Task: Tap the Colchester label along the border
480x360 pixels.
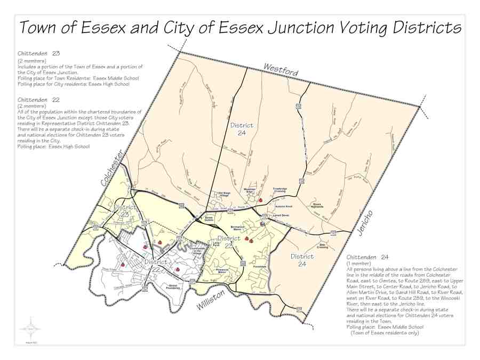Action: pyautogui.click(x=113, y=167)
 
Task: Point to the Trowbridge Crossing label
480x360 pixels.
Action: pyautogui.click(x=281, y=190)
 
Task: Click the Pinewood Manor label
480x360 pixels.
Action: pyautogui.click(x=220, y=257)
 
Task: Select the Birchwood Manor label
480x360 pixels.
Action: pyautogui.click(x=238, y=228)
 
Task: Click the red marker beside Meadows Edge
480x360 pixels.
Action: pyautogui.click(x=260, y=199)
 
